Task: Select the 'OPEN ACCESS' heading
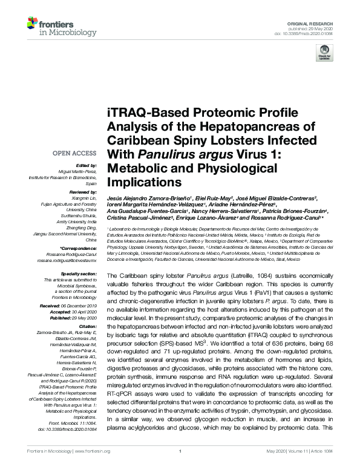click(x=74, y=154)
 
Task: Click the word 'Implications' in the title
click(x=144, y=180)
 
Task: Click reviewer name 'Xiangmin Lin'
click(x=82, y=197)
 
